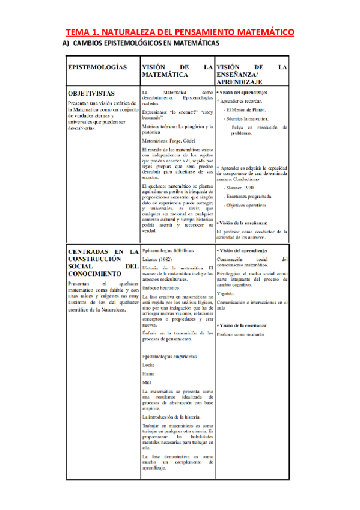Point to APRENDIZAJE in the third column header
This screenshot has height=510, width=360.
pyautogui.click(x=240, y=81)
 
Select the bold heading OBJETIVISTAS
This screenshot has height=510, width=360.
pyautogui.click(x=92, y=94)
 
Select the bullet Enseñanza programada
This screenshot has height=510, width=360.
pyautogui.click(x=248, y=197)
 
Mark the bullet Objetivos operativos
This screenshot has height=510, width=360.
pyautogui.click(x=248, y=206)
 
